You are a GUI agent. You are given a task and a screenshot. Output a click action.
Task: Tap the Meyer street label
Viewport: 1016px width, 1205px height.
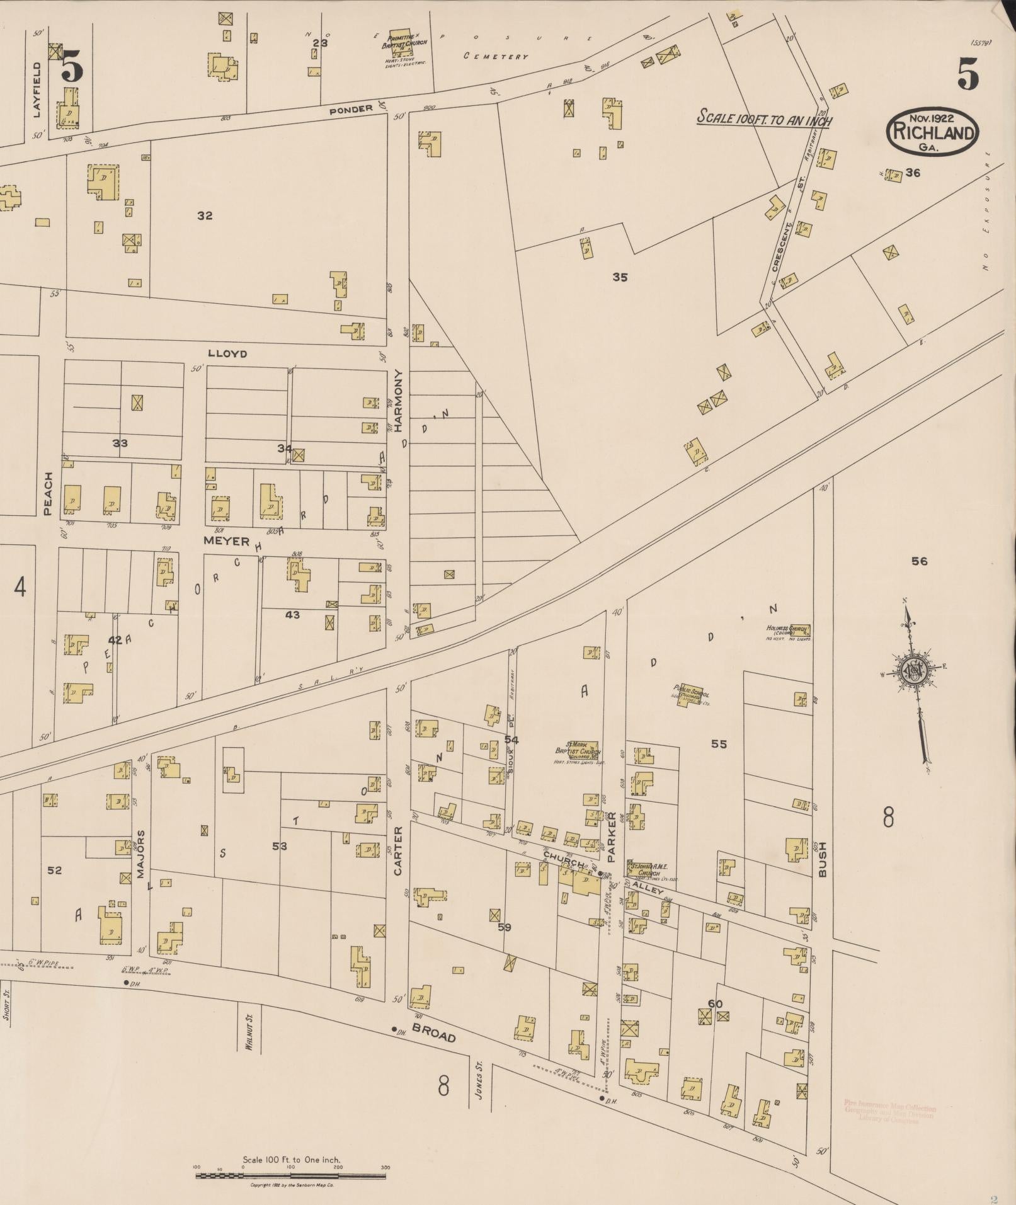coord(226,540)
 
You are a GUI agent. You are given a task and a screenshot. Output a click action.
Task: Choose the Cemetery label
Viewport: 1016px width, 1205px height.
coord(496,56)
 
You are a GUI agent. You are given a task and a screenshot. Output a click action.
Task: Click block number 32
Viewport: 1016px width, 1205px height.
coord(205,215)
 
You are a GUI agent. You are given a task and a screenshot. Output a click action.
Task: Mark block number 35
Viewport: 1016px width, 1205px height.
coord(620,277)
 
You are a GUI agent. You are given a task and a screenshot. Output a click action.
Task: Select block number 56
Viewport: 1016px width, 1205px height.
coord(919,561)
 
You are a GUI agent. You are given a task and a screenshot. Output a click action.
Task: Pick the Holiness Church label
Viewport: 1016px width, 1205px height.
coord(788,630)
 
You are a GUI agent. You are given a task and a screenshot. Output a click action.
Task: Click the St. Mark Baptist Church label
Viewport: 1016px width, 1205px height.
coord(578,750)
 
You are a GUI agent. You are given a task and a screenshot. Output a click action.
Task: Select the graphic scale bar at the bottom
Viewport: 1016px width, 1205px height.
coord(292,1175)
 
